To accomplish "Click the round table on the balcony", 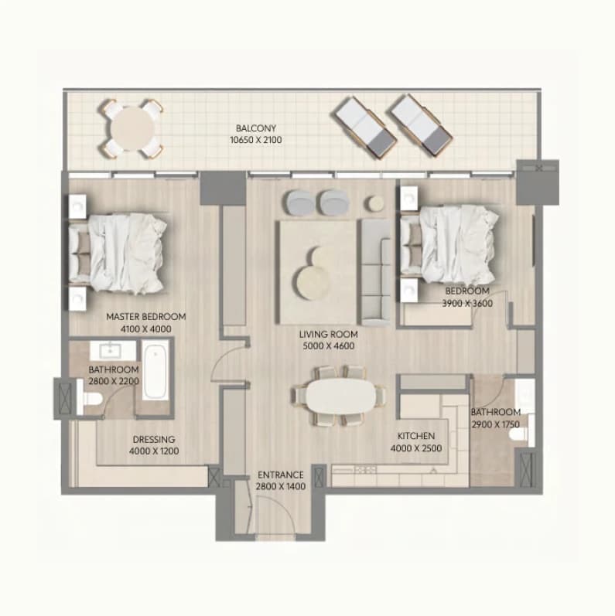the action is click(132, 129).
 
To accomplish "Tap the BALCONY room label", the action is click(256, 128).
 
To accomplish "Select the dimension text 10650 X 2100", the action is click(256, 140).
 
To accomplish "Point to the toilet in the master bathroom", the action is click(91, 399).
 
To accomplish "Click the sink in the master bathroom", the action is click(112, 350).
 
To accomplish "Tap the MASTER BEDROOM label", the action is click(146, 317).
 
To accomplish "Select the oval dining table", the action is click(341, 396).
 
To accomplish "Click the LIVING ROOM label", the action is click(329, 335).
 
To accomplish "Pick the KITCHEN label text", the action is click(416, 436).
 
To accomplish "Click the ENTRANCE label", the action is click(281, 475).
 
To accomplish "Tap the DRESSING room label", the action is click(154, 440).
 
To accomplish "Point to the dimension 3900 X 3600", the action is click(467, 303).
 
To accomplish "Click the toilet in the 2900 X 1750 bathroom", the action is click(518, 434).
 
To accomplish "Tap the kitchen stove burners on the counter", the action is click(366, 469).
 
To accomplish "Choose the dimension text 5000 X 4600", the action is click(329, 346).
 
